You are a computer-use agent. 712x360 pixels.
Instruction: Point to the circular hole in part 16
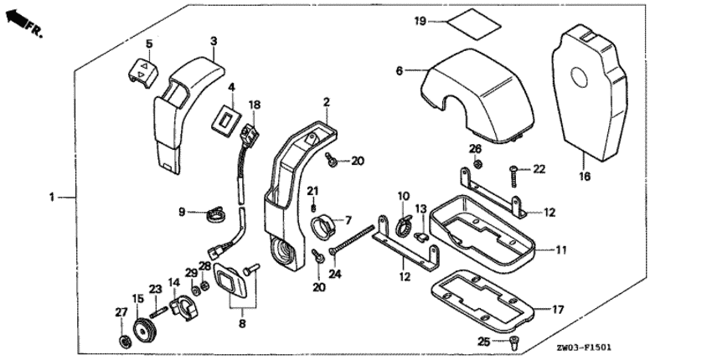tap(580, 80)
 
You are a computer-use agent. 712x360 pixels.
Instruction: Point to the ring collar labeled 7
tap(322, 226)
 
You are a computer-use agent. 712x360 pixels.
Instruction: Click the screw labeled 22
tap(512, 174)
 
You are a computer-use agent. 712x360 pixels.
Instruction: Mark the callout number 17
tap(559, 309)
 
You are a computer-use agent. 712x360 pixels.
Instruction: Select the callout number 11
tap(559, 249)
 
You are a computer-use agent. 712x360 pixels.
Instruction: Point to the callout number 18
tap(255, 105)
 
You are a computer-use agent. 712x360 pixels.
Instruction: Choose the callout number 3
tap(214, 39)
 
